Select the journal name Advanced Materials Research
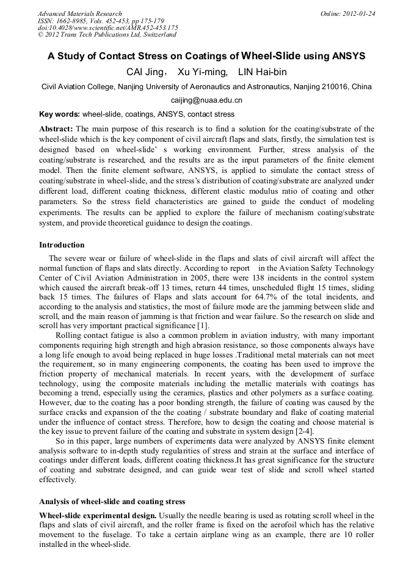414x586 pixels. pyautogui.click(x=79, y=13)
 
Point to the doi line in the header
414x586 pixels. pyautogui.click(x=107, y=27)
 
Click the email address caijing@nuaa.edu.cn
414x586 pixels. pyautogui.click(x=206, y=100)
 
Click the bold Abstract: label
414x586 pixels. pyautogui.click(x=56, y=129)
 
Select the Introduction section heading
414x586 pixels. pyautogui.click(x=62, y=245)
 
